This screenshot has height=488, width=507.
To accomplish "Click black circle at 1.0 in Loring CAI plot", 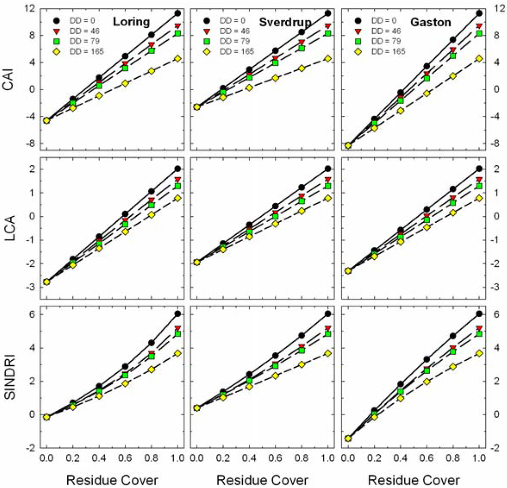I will click(x=177, y=13).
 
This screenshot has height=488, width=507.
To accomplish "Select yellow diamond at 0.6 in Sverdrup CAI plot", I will click(x=276, y=78).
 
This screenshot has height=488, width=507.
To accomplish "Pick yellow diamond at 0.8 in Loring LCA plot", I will click(x=152, y=215).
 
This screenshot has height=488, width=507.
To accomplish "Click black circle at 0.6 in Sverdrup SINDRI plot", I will click(x=276, y=355).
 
